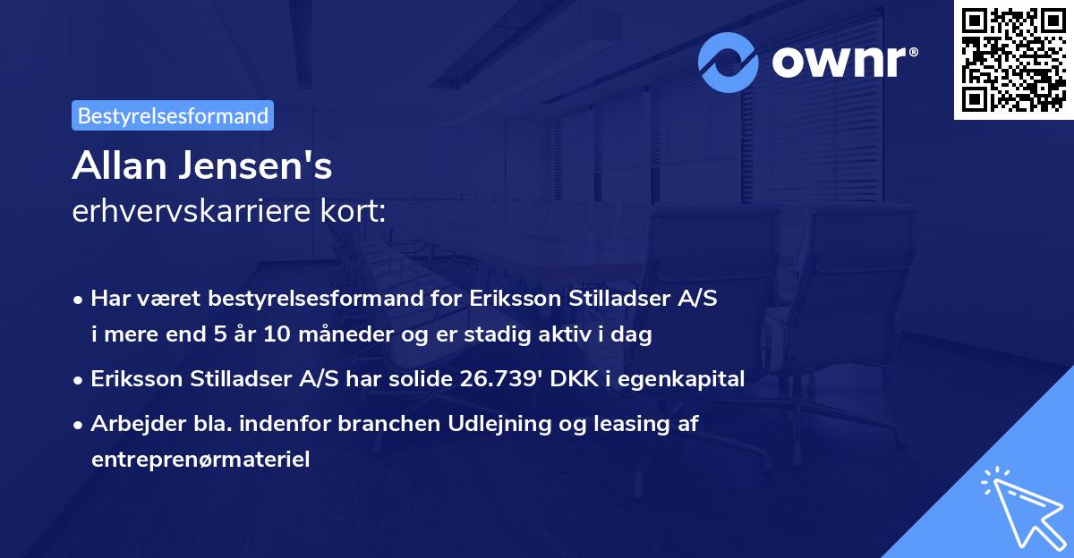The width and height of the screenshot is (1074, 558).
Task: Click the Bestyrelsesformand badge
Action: coord(173,115)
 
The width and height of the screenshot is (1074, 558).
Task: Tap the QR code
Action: coord(1013,60)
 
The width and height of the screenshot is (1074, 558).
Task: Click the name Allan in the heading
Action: coord(118,166)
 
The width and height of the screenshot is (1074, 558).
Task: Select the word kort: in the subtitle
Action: coord(356,211)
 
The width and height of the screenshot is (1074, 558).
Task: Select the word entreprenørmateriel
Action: coord(200,460)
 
